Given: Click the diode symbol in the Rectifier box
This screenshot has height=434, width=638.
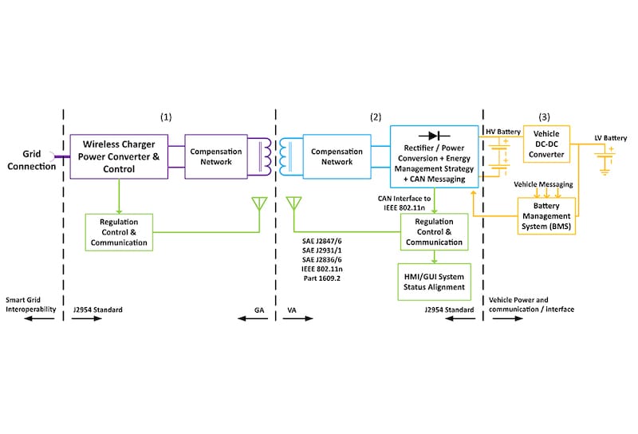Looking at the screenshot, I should point(435,136).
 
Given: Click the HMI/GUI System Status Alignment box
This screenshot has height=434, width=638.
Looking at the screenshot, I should point(434,281).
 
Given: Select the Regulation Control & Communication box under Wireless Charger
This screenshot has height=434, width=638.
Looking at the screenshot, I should point(117,231).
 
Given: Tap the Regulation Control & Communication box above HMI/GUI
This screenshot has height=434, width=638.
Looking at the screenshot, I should point(434,231).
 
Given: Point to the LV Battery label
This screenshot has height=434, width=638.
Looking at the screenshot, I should point(610,138).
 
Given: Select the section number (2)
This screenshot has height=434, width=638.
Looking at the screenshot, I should point(376,117).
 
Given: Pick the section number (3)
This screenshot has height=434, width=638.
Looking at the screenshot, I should point(545,117).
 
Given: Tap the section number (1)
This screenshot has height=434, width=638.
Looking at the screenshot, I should point(166,117).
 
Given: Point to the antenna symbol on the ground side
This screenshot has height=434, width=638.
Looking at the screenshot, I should point(258,205).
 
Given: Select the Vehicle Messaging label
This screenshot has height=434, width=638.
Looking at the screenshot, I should point(543,184).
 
